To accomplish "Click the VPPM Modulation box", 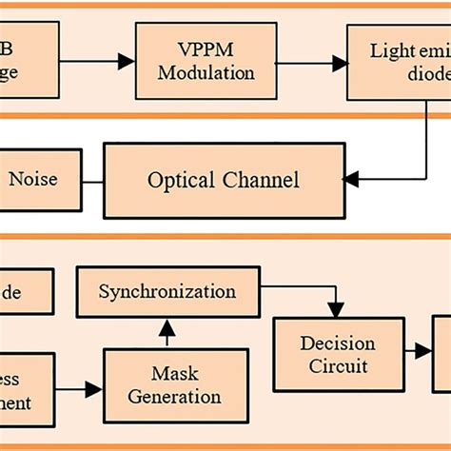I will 206,62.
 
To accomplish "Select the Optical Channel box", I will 224,179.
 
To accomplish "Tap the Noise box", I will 34,178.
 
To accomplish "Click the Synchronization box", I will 167,291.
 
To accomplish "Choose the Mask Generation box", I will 174,384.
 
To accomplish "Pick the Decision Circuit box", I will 338,354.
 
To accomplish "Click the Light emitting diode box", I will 400,62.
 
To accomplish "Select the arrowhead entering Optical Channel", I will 351,178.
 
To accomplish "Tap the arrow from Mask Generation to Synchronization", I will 167,331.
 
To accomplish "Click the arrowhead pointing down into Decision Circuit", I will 336,309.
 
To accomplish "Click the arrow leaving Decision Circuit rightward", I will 422,351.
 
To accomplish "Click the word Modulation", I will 206,73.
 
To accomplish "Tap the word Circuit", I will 338,365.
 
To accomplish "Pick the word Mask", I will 174,373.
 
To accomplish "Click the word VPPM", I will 206,50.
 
